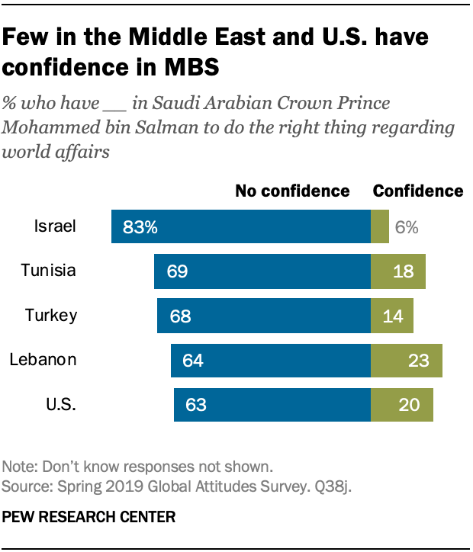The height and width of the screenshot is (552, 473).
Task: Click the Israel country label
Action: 54,226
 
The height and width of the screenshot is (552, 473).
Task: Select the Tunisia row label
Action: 49,271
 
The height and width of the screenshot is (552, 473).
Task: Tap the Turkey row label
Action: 51,315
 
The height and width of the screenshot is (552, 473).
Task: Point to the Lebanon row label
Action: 43,359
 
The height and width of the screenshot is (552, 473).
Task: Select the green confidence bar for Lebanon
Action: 406,359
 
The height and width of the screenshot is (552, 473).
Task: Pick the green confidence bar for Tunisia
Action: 397,271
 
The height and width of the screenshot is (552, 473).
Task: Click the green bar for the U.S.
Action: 401,403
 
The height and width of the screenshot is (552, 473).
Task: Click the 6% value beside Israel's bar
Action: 407,226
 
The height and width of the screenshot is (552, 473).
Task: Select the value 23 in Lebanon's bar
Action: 420,360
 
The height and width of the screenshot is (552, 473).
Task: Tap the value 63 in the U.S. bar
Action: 195,404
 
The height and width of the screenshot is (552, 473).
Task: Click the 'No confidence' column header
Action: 291,191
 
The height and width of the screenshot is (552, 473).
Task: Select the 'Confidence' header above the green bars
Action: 417,191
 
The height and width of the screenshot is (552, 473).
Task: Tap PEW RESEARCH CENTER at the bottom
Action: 89,517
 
